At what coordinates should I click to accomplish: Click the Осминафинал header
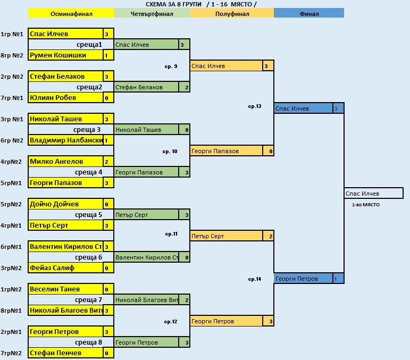click(71, 13)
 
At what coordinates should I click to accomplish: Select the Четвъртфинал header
click(152, 13)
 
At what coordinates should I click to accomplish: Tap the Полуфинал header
click(232, 13)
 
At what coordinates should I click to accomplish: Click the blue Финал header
click(309, 13)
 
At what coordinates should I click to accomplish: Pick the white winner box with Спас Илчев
click(374, 193)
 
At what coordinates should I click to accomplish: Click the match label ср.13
click(255, 106)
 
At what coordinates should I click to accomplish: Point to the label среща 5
click(88, 215)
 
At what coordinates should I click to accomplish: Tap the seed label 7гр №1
click(12, 98)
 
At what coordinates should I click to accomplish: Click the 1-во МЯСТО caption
click(365, 205)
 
